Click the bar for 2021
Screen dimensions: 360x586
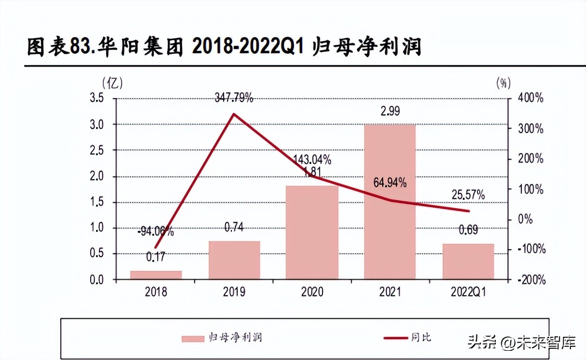(391, 201)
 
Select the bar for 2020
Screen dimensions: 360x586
(312, 232)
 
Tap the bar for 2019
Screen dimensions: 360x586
(234, 260)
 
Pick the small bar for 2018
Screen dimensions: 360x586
(156, 275)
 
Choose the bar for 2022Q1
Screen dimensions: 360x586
(468, 261)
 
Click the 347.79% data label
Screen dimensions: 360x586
(234, 98)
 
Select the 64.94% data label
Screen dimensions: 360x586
(390, 183)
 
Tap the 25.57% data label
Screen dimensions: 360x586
(468, 196)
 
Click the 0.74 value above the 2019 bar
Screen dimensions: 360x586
(234, 227)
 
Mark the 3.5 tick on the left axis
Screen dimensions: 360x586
(98, 98)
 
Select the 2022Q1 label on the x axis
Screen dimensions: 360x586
(468, 292)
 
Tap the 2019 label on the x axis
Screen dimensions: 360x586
(234, 292)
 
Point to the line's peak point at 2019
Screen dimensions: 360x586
(234, 114)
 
